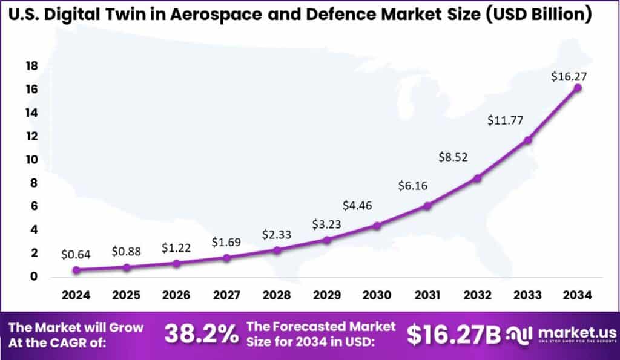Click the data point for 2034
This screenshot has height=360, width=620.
click(x=577, y=88)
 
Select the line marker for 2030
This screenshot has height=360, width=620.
click(x=377, y=226)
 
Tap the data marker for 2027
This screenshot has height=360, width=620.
click(x=226, y=258)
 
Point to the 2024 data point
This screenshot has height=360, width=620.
click(x=76, y=270)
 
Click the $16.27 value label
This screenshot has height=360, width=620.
click(x=569, y=77)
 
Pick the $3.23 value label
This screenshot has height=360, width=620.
click(x=327, y=224)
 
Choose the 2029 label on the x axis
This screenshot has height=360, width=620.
click(x=327, y=295)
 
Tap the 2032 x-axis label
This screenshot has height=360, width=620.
click(x=477, y=295)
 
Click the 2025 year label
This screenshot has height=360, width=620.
click(x=127, y=295)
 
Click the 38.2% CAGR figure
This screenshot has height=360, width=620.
click(x=202, y=335)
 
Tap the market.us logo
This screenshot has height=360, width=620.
click(x=566, y=335)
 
